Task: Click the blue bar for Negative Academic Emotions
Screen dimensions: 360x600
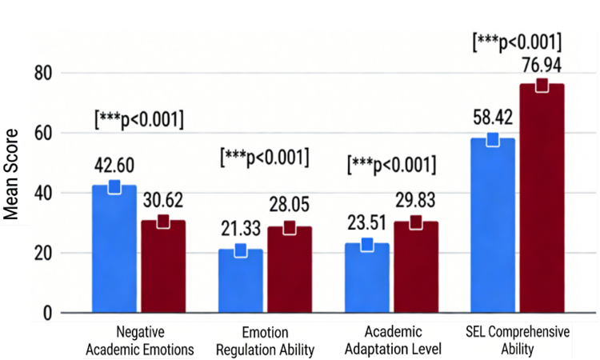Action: [114, 250]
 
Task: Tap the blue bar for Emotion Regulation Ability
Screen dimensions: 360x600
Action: [240, 281]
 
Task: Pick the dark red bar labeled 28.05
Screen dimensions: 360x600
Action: [289, 270]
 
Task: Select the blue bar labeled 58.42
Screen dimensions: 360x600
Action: [493, 226]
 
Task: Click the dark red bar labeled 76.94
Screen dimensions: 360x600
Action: [542, 198]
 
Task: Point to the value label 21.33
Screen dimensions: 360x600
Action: [240, 230]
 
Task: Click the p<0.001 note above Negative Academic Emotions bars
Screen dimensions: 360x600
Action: [139, 120]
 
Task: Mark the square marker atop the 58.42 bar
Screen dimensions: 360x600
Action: [493, 139]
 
